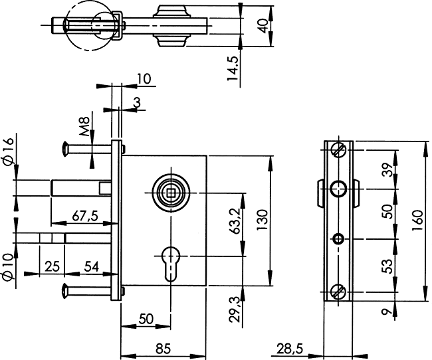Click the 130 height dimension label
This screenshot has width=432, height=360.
[262, 221]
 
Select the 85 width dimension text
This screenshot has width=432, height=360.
[163, 349]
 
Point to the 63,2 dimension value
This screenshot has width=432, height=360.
[235, 221]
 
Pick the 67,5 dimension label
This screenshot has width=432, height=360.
[85, 216]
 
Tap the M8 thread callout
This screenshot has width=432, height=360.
[84, 126]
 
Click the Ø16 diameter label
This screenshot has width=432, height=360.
[8, 151]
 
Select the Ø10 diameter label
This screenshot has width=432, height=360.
[8, 268]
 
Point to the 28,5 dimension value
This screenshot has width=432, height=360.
[290, 349]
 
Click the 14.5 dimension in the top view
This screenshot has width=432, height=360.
[232, 69]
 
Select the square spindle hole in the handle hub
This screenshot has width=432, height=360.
[171, 193]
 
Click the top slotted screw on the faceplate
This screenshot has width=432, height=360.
[338, 150]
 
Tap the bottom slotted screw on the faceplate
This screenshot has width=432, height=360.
[338, 292]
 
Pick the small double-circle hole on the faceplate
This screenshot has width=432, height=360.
[338, 239]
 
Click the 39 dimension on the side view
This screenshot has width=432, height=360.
[387, 169]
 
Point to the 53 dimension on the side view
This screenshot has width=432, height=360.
[387, 266]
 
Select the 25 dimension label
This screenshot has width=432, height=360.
[52, 266]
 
